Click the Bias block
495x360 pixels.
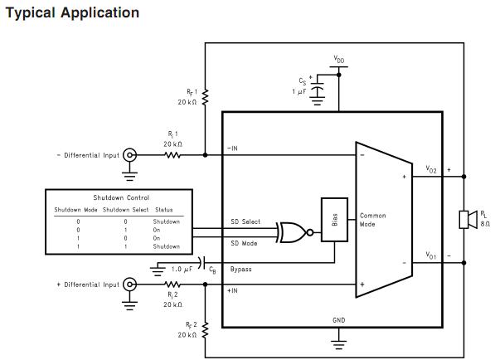click(x=334, y=220)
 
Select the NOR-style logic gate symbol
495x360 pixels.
click(x=294, y=233)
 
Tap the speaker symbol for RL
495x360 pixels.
click(x=468, y=220)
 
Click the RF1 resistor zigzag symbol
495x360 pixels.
click(x=205, y=97)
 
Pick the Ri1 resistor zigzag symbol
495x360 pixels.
click(x=172, y=155)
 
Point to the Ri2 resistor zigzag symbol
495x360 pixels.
click(x=172, y=285)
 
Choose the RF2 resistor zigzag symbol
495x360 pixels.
click(x=205, y=330)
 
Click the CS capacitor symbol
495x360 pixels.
click(x=318, y=90)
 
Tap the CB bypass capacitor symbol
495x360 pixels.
click(x=201, y=263)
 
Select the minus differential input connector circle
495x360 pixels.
click(x=129, y=155)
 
